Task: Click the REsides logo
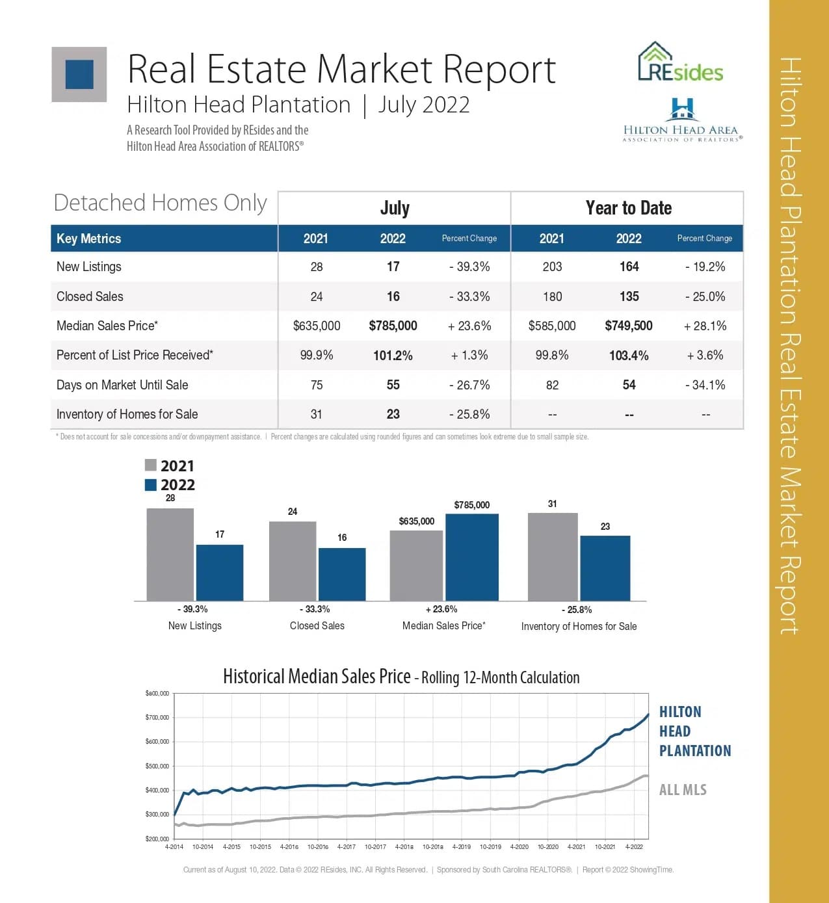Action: coord(680,63)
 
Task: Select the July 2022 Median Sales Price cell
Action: coord(393,326)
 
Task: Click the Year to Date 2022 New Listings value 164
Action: coord(629,267)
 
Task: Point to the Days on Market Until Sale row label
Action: coord(122,385)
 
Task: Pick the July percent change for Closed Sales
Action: coord(469,296)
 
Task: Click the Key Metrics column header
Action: coord(89,239)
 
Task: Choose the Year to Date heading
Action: coord(628,208)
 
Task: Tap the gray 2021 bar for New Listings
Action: coord(170,555)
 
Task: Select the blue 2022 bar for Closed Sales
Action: coord(342,574)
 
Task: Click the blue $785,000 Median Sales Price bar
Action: coord(472,557)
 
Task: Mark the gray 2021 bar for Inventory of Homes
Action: coord(553,557)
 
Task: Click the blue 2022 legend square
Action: coord(151,485)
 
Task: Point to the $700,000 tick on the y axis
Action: coord(157,718)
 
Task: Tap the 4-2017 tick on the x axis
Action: coord(346,847)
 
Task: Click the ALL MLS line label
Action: coord(683,790)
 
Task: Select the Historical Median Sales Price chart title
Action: coord(401,677)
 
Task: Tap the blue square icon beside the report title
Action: coord(79,74)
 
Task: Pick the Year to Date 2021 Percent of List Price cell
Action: coord(552,356)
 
